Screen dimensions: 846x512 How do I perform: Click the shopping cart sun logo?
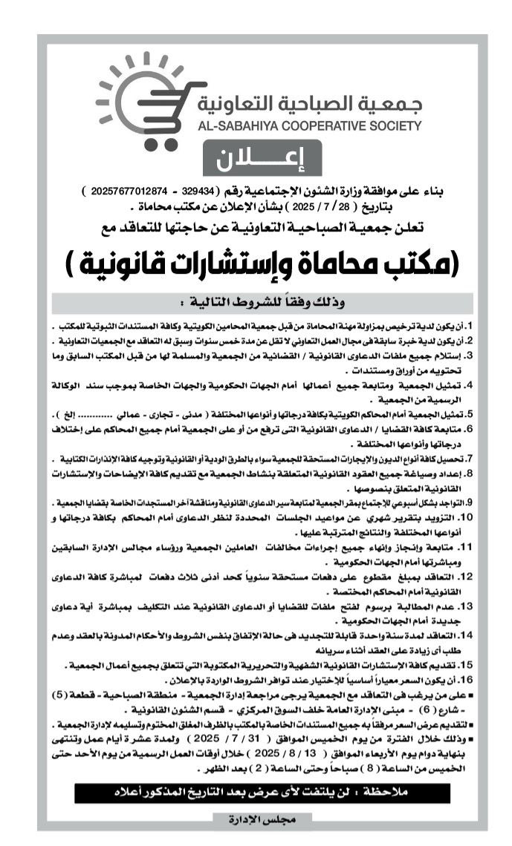tap(141, 101)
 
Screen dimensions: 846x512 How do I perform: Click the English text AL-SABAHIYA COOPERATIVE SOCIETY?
tap(299, 126)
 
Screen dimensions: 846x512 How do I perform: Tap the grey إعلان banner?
tap(260, 159)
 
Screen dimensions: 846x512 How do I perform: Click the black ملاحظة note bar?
tap(260, 793)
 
